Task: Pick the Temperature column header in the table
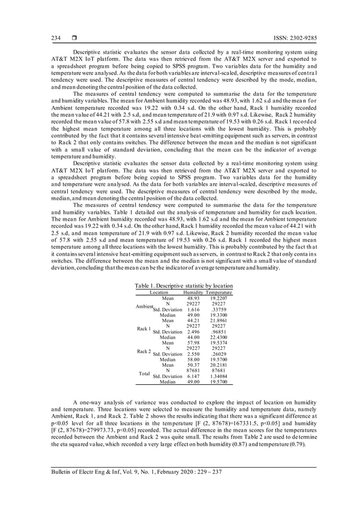(218, 293)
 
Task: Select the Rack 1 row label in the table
(144, 328)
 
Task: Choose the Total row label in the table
(144, 373)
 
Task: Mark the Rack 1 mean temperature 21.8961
(218, 321)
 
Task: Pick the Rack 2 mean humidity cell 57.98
(193, 343)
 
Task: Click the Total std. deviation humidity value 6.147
(193, 376)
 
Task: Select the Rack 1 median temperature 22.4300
(218, 337)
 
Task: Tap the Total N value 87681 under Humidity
(193, 370)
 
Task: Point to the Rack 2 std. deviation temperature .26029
(218, 354)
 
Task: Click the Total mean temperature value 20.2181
(218, 365)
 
